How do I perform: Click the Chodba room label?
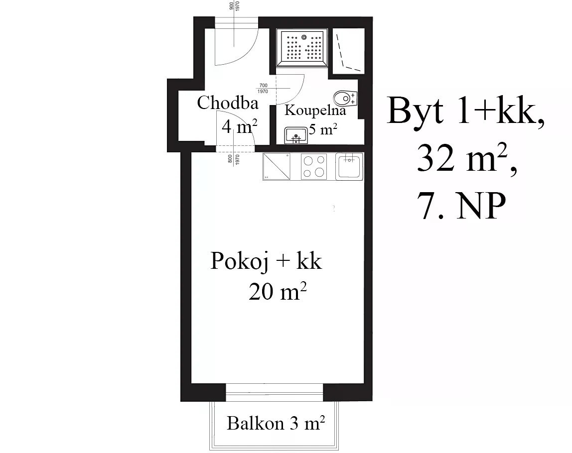[228, 103]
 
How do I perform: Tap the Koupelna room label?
[315, 110]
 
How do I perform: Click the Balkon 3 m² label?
[276, 423]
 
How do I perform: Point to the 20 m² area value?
[277, 291]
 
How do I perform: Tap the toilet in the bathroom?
[345, 98]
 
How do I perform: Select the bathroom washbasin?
[296, 135]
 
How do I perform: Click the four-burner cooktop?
[314, 167]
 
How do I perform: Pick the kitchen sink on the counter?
[349, 167]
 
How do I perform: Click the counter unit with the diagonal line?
[277, 167]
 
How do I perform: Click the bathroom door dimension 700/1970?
[263, 89]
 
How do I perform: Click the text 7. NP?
[463, 206]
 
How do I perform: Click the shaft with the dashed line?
[349, 51]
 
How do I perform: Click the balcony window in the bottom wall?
[275, 393]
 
